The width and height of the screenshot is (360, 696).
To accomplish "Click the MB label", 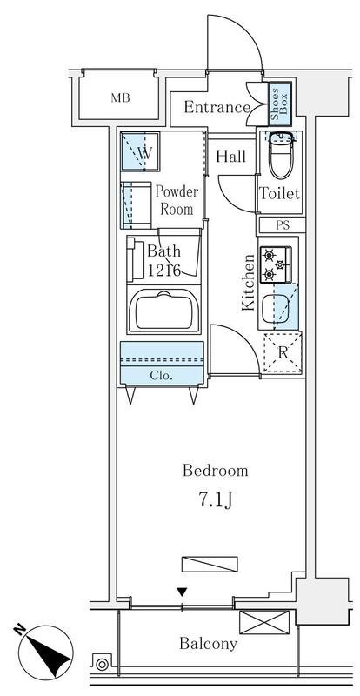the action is click(120, 98).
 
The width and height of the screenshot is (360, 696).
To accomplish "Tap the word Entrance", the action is click(217, 107).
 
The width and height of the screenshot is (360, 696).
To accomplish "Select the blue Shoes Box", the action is click(280, 103).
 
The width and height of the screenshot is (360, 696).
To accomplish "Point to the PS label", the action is click(283, 225).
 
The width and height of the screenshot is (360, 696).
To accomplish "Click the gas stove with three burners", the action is click(275, 264).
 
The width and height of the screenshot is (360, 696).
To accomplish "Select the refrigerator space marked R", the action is click(283, 353).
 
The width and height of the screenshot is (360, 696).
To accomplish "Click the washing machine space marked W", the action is click(140, 151).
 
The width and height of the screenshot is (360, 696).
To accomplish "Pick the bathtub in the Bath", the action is click(163, 311).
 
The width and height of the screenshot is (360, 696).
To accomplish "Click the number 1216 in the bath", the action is click(163, 271).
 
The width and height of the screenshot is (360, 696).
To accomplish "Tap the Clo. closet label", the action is click(161, 376).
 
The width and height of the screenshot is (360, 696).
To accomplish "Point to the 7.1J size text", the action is click(215, 500).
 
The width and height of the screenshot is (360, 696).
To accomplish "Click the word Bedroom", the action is click(216, 471).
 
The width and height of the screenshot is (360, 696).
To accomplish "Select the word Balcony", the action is click(208, 643).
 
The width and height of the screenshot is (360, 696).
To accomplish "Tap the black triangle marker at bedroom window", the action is click(182, 592).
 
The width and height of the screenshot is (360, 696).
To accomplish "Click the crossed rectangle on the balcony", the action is click(264, 622).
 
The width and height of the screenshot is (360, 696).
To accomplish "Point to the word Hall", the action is click(230, 157).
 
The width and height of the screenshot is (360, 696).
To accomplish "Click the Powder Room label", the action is click(177, 200).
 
